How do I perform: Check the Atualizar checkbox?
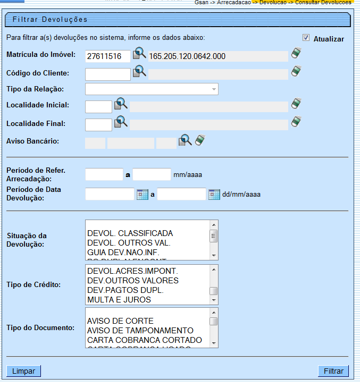point(306,38)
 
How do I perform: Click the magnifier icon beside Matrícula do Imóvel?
point(139,54)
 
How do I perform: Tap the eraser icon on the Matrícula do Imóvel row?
point(296,54)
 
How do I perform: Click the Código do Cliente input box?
point(107,74)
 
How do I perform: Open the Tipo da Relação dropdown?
point(152,89)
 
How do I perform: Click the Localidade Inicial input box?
point(98,106)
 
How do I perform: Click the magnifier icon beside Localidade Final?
point(121,122)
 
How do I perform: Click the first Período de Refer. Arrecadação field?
point(104,174)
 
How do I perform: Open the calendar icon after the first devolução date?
point(143,194)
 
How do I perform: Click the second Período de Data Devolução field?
point(181,194)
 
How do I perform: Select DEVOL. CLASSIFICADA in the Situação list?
point(130,233)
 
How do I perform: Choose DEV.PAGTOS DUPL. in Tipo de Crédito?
point(125,290)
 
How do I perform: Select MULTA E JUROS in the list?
point(119,299)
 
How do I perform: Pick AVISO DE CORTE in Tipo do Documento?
point(120,321)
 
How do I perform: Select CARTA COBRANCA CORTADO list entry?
point(144,340)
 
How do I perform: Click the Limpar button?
point(23,371)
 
